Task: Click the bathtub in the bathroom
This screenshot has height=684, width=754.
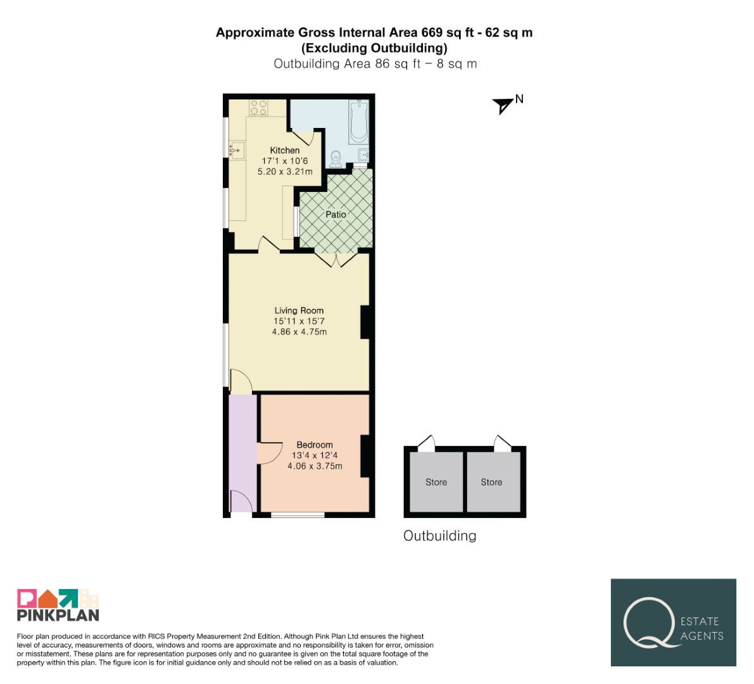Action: coord(358,121)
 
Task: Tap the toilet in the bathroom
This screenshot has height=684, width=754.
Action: coord(336,159)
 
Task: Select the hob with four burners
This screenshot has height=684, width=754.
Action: coord(259,107)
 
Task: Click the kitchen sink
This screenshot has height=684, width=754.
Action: coord(237,150)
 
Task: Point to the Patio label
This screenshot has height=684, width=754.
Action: coord(336,215)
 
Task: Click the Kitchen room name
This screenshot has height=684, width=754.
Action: coord(285,151)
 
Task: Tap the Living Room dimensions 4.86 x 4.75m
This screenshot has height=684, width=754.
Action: coord(299,332)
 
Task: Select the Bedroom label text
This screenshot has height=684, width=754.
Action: coord(315,445)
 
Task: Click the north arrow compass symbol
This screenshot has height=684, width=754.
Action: coord(503,105)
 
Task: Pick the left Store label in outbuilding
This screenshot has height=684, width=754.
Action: coord(436,482)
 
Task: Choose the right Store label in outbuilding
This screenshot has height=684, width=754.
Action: coord(491,482)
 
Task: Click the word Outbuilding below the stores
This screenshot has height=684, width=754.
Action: coord(439,536)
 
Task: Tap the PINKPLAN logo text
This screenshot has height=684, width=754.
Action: coord(58,615)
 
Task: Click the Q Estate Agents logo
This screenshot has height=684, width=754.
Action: coord(673,623)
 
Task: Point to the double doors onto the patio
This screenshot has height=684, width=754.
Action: coord(336,259)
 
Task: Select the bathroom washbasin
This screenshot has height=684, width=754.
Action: coord(364,155)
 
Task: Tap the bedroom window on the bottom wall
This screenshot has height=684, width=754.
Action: coord(298,515)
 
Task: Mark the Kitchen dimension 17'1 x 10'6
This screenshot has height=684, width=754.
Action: coord(285,161)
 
